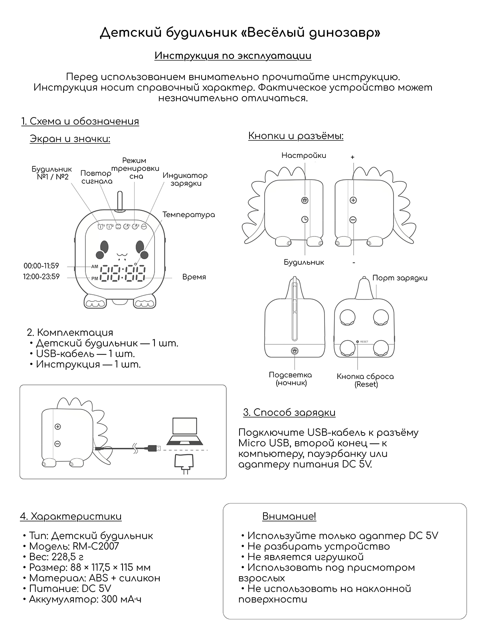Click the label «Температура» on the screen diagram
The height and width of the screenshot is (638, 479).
pos(188,215)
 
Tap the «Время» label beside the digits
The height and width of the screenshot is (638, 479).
pos(194,277)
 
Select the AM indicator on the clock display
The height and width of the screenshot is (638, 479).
pos(95,266)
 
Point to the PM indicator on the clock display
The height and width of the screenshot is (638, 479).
pos(95,278)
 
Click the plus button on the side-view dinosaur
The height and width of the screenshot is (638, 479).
pos(353,200)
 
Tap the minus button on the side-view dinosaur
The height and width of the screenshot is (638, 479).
pos(353,220)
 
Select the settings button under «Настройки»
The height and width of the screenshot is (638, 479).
pos(305,200)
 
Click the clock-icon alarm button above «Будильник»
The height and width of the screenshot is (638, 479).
pos(305,219)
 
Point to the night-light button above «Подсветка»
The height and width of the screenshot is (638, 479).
pos(295,351)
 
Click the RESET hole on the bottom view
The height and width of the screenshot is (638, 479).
pos(358,342)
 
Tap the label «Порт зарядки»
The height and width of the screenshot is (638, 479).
pos(400,278)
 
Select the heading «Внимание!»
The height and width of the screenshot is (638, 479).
pos(289,516)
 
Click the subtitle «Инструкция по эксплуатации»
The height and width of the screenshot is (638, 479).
pos(233,55)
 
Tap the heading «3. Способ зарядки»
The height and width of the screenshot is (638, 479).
pos(289,412)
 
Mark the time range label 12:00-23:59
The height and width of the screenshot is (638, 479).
pos(42,277)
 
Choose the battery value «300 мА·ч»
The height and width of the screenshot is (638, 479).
pos(121,599)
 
